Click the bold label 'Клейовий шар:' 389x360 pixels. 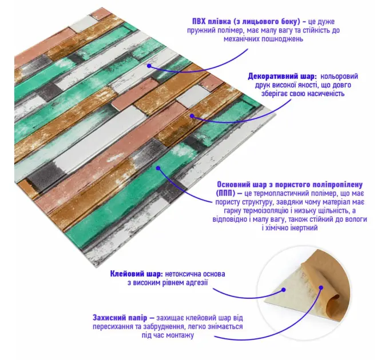[137, 274]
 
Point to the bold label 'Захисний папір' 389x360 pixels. [120, 318]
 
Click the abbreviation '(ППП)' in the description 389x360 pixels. [225, 193]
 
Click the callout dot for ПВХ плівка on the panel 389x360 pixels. [149, 66]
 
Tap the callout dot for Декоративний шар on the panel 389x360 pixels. [192, 115]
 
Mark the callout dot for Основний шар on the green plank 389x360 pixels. [158, 168]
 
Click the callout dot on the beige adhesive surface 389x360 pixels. [284, 290]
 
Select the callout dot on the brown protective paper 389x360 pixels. [321, 287]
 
